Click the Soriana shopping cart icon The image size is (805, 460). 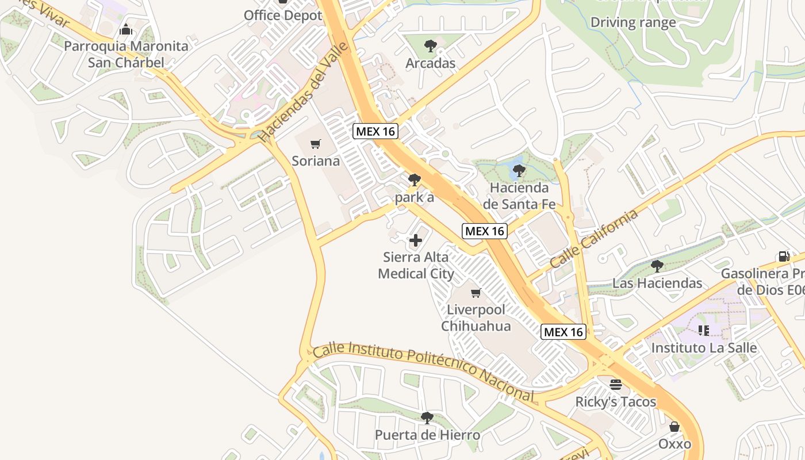coord(315,144)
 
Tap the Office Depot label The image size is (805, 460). coord(283,16)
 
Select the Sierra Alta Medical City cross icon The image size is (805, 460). coord(416,240)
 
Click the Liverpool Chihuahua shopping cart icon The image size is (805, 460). coord(476,293)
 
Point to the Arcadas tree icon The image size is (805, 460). coord(430,46)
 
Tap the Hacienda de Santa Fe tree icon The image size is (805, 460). coord(519,170)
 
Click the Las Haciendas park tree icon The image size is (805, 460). coord(657,266)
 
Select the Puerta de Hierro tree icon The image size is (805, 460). coord(427,417)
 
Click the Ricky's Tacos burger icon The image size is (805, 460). coord(616,384)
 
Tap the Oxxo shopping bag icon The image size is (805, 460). coord(674,427)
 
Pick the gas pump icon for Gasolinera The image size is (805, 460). coord(784,256)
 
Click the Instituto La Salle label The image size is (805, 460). coord(704,348)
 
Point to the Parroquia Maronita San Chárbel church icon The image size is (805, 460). coord(126,30)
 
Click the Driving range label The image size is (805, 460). coord(633,23)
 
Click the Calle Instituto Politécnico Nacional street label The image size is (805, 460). coord(424,371)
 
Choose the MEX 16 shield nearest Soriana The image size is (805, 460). coord(375,131)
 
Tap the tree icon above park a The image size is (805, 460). coord(414,180)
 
